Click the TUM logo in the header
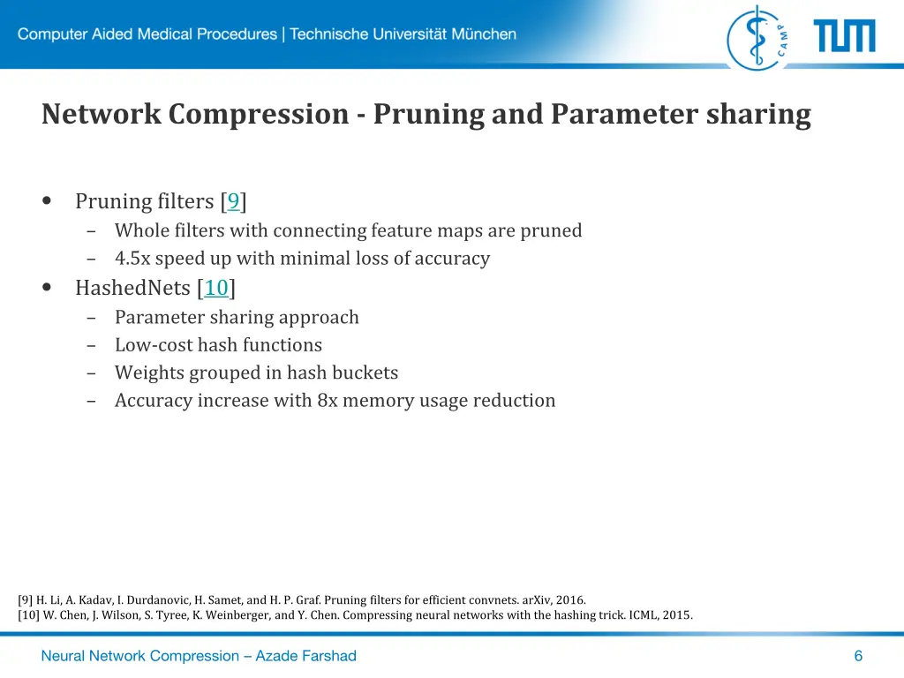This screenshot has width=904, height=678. pos(844,36)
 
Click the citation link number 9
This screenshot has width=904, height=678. pos(233,202)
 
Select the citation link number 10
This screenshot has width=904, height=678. pos(216,288)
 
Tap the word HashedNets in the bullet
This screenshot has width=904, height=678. pos(133,288)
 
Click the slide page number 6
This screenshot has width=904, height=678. pos(858,655)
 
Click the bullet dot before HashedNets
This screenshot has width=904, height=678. pos(47,288)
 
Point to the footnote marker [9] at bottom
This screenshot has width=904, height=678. pos(25,599)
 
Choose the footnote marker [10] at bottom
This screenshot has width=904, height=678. pos(28,615)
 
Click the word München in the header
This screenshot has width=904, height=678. pos(484,34)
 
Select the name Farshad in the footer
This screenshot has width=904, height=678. pos(326,655)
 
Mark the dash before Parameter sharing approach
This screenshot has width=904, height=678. pos(92,318)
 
